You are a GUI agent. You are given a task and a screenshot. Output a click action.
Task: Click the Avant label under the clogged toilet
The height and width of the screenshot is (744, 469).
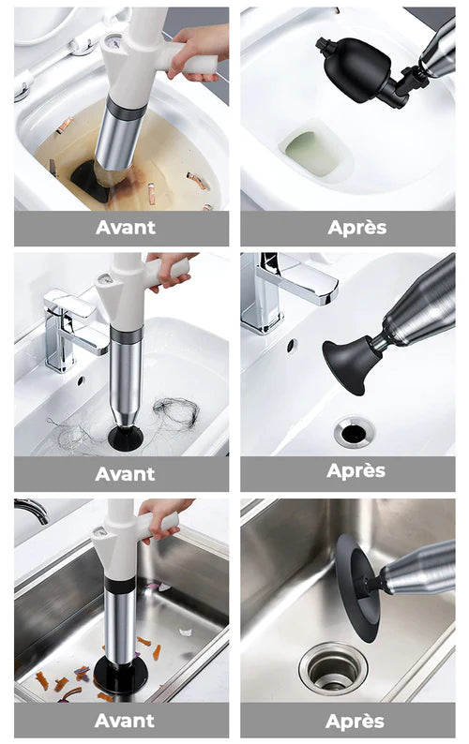tap(125, 228)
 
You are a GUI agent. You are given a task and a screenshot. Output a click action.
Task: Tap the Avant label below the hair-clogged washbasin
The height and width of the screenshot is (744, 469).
tap(125, 474)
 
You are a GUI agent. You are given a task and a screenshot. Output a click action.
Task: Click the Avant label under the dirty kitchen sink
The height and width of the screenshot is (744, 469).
tap(125, 721)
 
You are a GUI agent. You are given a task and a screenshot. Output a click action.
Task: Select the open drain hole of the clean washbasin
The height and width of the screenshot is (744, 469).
tap(354, 432)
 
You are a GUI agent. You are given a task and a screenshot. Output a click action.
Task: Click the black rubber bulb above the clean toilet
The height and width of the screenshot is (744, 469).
tap(360, 70)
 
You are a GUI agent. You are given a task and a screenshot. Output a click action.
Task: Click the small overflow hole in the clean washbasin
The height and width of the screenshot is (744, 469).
tap(292, 345)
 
